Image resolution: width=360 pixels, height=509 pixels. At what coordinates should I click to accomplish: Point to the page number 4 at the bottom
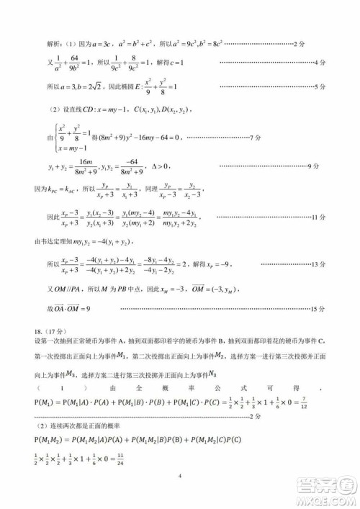(x=179, y=475)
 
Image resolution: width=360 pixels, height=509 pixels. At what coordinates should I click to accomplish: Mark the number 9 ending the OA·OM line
(x=91, y=309)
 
